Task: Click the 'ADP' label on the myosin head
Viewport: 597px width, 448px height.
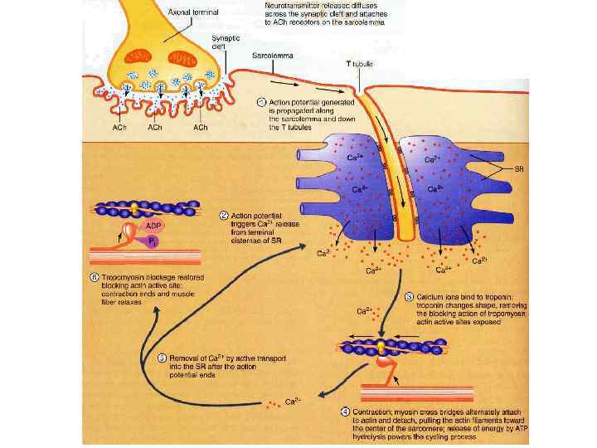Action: pyautogui.click(x=153, y=225)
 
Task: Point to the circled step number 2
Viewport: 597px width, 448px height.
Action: pyautogui.click(x=224, y=215)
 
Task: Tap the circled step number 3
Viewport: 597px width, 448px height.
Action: pyautogui.click(x=409, y=296)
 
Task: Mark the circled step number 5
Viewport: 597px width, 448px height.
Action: pyautogui.click(x=163, y=358)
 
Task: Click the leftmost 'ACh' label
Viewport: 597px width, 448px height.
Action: pyautogui.click(x=119, y=129)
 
